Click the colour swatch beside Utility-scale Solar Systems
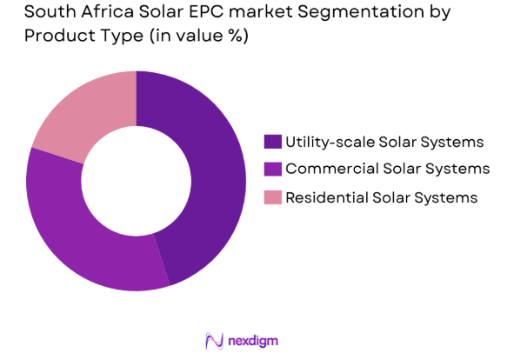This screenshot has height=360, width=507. [273, 141]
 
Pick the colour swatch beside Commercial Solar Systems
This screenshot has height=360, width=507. [273, 169]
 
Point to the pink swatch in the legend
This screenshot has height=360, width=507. [273, 197]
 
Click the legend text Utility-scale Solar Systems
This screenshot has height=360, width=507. [385, 141]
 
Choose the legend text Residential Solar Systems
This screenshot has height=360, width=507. [382, 197]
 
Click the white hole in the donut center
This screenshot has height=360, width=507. [137, 181]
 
